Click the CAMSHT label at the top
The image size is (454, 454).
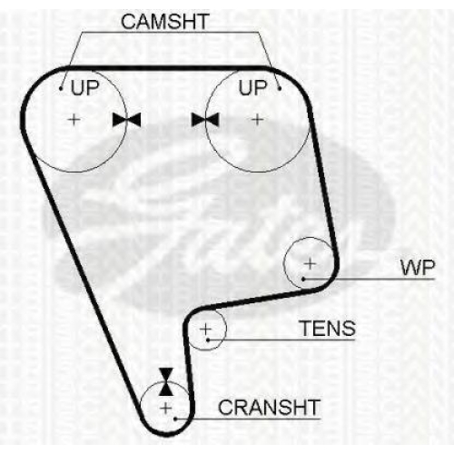click(x=165, y=22)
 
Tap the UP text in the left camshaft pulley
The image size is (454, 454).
click(x=84, y=88)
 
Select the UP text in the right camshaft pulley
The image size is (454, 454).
click(x=252, y=88)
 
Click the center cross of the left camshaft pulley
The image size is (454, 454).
click(x=74, y=120)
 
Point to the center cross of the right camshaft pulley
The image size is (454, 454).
click(x=257, y=120)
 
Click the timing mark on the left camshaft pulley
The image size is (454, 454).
click(x=126, y=120)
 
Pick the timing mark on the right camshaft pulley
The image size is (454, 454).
click(x=205, y=120)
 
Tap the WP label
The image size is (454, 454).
click(x=418, y=268)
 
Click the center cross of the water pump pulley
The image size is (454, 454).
click(x=310, y=263)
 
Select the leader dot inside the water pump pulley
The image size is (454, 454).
click(x=303, y=279)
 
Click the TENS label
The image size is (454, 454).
click(x=328, y=328)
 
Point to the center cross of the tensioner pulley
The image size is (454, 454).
click(x=206, y=329)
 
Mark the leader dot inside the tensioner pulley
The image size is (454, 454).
click(x=208, y=340)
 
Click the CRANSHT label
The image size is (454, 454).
click(x=269, y=408)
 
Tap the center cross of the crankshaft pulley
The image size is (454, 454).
click(x=166, y=409)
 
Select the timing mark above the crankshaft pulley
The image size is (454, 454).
click(x=166, y=382)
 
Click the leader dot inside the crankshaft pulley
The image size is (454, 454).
click(x=175, y=419)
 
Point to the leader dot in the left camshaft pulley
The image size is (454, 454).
click(x=61, y=89)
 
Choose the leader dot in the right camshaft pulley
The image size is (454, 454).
click(x=280, y=88)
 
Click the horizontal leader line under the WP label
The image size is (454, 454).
click(x=369, y=279)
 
